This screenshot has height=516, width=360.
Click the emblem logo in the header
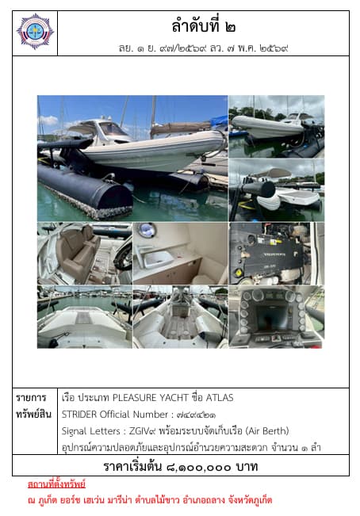(35, 32)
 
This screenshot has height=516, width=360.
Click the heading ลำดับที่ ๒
(203, 26)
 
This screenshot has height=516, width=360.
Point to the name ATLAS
(220, 398)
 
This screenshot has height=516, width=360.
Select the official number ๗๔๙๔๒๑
(196, 415)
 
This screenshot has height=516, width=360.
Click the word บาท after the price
(247, 467)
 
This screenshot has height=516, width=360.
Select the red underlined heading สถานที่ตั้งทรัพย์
(56, 484)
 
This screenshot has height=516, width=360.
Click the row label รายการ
(31, 398)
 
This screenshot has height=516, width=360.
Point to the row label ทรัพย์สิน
(33, 414)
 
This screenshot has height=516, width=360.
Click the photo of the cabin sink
(180, 254)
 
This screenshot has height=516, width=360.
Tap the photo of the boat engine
(277, 254)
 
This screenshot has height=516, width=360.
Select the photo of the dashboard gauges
(277, 317)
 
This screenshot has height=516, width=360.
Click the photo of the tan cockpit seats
(85, 254)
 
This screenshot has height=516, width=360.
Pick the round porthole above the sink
(147, 230)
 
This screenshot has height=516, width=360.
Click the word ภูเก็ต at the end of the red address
(262, 500)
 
